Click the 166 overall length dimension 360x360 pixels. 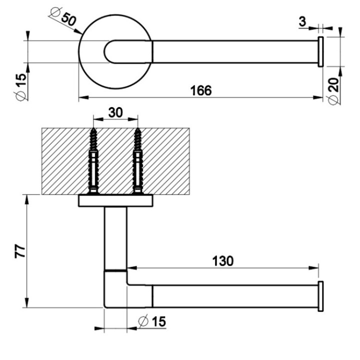200,90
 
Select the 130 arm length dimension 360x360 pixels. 222,260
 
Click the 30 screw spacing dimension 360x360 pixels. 115,113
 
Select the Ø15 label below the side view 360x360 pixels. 151,321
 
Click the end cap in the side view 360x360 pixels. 320,296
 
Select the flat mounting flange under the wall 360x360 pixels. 115,201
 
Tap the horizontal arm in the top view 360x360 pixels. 235,51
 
